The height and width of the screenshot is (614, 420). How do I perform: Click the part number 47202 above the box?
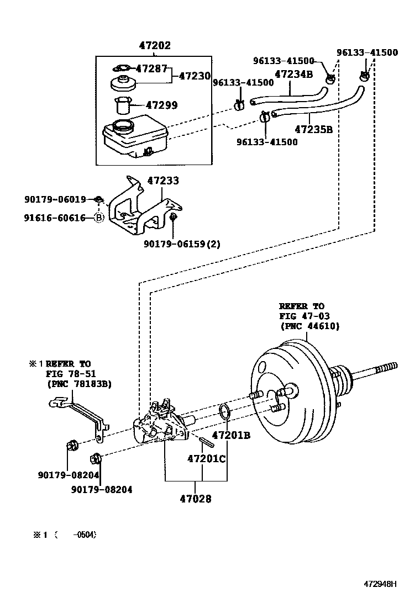pos(155,45)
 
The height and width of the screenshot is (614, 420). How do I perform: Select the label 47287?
pos(151,68)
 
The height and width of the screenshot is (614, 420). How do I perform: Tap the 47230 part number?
pos(195,76)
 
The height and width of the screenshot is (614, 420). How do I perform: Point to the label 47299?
pos(161,105)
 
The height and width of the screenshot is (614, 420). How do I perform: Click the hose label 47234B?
pos(294,74)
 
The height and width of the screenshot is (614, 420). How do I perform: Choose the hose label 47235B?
pos(313,129)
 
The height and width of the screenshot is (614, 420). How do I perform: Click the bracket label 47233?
pos(163,181)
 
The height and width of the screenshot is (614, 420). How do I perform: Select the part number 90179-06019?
pos(55,199)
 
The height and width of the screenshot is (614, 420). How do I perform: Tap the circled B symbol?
pos(99,218)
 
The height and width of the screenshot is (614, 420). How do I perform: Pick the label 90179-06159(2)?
pos(182,244)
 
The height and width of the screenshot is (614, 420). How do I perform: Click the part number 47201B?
pos(231,435)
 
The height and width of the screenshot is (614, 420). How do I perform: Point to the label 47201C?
pos(207,458)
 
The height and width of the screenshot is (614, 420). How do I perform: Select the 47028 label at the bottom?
pos(196,499)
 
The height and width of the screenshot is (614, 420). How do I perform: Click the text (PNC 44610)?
pos(309,326)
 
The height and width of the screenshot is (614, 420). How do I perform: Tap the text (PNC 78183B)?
pos(80,384)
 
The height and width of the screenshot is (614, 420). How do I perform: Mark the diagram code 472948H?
pos(380,584)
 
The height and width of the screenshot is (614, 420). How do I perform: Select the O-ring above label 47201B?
pos(224,411)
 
